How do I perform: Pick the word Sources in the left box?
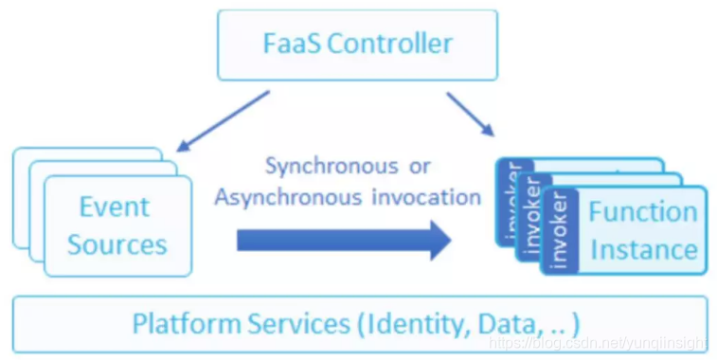point(117,244)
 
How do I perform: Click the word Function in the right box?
point(642,211)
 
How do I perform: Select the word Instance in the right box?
point(643,249)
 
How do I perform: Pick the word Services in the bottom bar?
point(302,323)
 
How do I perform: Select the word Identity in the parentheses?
point(408,323)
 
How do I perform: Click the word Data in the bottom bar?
point(497,323)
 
